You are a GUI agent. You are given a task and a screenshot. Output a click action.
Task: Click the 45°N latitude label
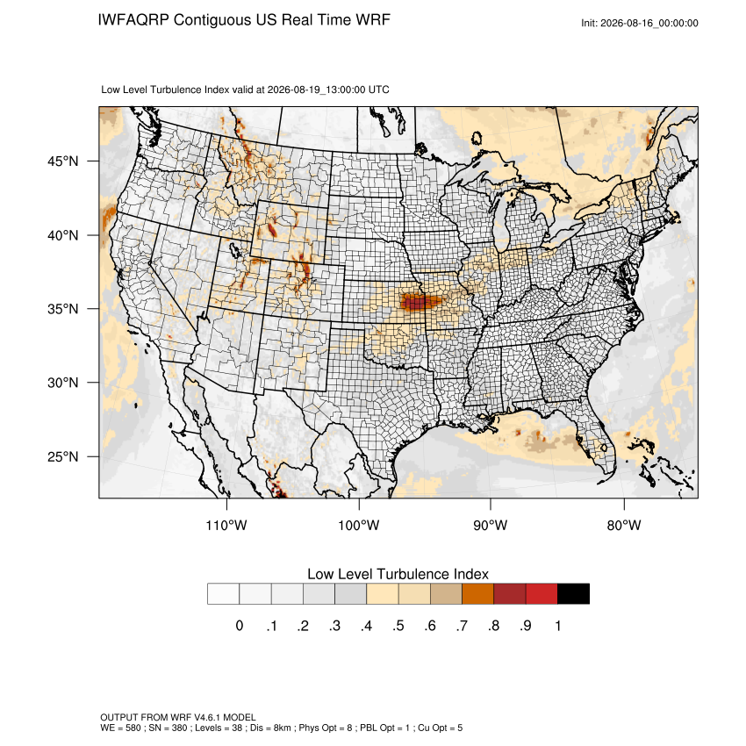63,161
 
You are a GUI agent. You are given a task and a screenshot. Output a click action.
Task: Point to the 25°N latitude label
63,456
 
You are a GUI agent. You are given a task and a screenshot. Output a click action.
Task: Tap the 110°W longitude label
226,525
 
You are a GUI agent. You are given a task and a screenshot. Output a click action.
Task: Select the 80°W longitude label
624,525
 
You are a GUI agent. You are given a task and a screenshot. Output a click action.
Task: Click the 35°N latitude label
63,309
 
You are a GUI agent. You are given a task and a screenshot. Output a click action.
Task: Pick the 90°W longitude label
490,525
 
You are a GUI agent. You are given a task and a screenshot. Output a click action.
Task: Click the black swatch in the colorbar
573,594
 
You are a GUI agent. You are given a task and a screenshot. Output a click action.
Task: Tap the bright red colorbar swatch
542,594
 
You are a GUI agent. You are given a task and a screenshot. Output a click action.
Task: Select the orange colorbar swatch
477,594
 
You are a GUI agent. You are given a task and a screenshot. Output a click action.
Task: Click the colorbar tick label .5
398,626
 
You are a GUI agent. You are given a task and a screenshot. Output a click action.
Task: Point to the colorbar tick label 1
557,626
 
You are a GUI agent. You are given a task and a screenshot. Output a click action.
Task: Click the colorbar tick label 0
240,626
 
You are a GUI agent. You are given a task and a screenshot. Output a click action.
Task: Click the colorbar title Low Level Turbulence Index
398,574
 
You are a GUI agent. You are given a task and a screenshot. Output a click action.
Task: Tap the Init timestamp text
640,23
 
